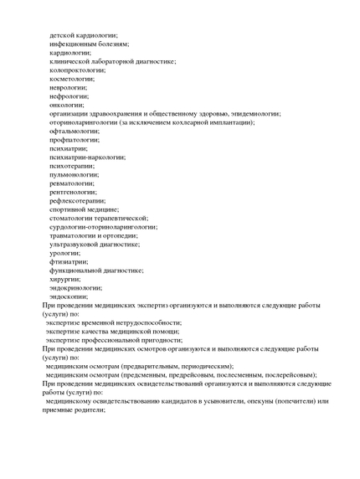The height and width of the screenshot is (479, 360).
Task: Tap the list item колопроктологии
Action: [x=78, y=70]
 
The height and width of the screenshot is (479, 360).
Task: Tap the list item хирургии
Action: [x=65, y=279]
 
